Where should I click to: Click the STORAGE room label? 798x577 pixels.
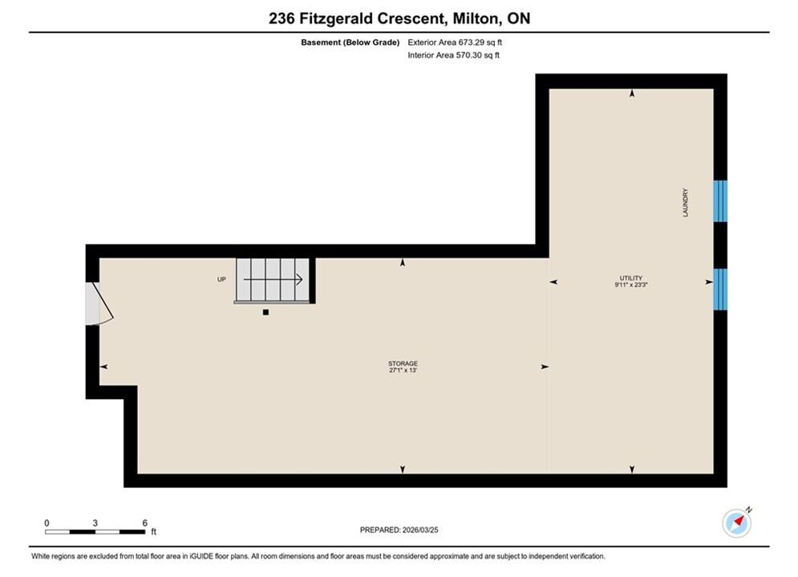(403, 364)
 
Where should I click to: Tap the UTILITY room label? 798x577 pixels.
(631, 278)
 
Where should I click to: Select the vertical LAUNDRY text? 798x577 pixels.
(685, 202)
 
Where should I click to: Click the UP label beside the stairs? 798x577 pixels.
(221, 279)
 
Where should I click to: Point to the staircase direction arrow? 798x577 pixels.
(273, 279)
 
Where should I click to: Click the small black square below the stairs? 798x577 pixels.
(265, 312)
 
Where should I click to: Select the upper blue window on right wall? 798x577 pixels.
(720, 201)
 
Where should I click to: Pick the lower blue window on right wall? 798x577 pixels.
(720, 289)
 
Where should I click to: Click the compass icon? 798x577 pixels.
(737, 523)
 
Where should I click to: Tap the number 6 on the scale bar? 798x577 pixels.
(145, 523)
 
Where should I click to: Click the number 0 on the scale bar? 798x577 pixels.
(47, 523)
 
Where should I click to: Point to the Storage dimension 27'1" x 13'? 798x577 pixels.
(403, 370)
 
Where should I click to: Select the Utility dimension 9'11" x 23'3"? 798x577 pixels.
(631, 284)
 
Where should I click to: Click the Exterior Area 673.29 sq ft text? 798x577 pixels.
(455, 42)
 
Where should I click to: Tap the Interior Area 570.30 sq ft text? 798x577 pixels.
(453, 55)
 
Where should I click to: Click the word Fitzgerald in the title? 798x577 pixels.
(336, 18)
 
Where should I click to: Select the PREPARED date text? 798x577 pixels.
(399, 530)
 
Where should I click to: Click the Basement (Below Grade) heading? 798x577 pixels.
(350, 42)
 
